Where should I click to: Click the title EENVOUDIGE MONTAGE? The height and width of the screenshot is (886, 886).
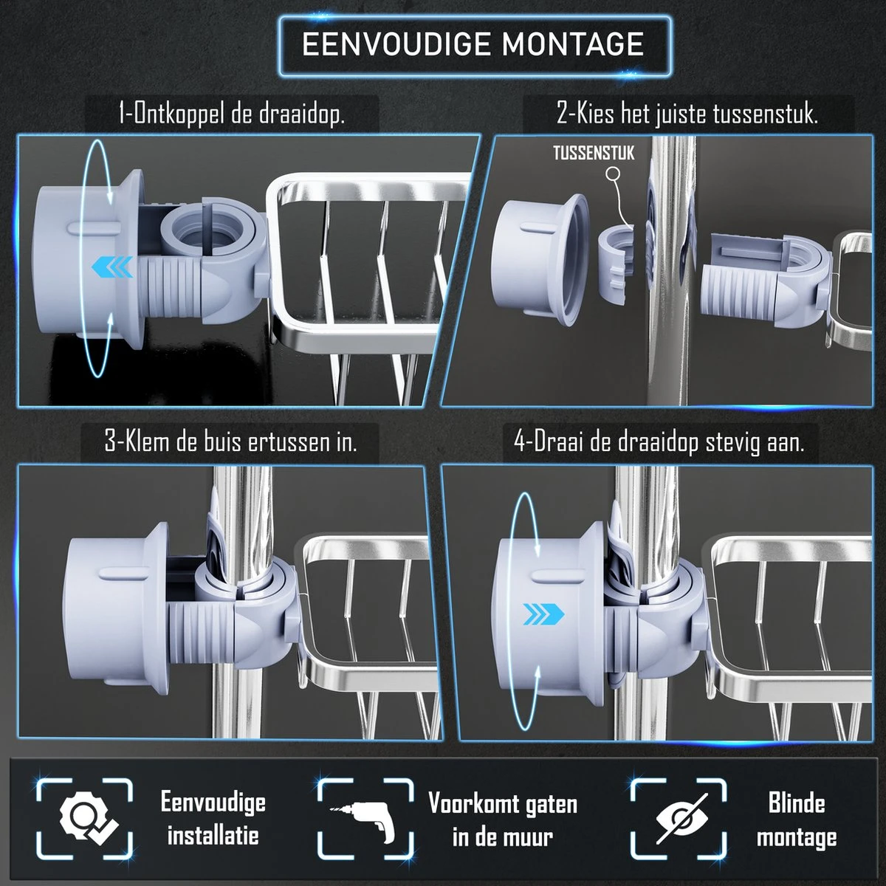pyautogui.click(x=473, y=44)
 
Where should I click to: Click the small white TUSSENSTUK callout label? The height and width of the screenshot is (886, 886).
pyautogui.click(x=593, y=154)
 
